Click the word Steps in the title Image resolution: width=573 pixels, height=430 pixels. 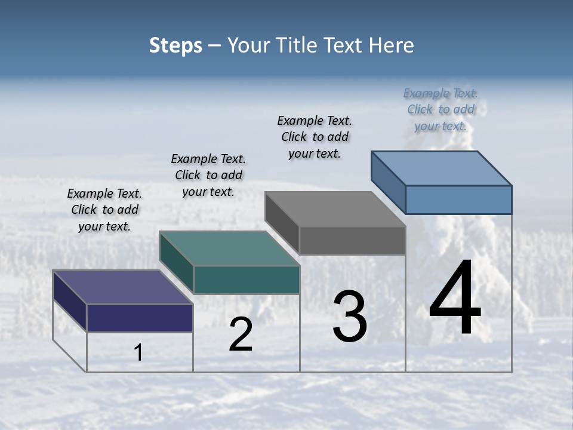coord(175,45)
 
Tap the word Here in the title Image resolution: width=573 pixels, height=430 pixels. coord(392,45)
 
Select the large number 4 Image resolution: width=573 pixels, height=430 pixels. coord(455,299)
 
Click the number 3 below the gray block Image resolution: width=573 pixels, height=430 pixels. coord(350,317)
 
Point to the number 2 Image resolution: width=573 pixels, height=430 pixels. coord(241,334)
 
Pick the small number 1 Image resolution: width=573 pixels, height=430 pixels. coord(138,353)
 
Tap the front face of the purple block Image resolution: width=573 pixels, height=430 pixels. coord(140,318)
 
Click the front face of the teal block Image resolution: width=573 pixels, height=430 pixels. coord(247,279)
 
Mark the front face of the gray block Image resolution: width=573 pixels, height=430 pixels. coord(352,240)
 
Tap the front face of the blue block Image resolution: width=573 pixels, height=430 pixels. coord(458,199)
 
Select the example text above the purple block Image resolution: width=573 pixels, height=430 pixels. coord(104,210)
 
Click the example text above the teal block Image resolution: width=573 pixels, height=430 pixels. coord(208,176)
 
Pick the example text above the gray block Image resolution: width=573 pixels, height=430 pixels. coord(315,137)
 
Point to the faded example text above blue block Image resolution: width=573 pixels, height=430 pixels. coord(440,110)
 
